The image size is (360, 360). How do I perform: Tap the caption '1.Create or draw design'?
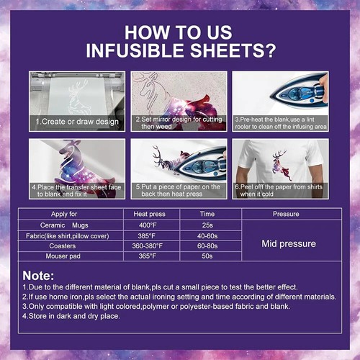pos(78,122)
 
